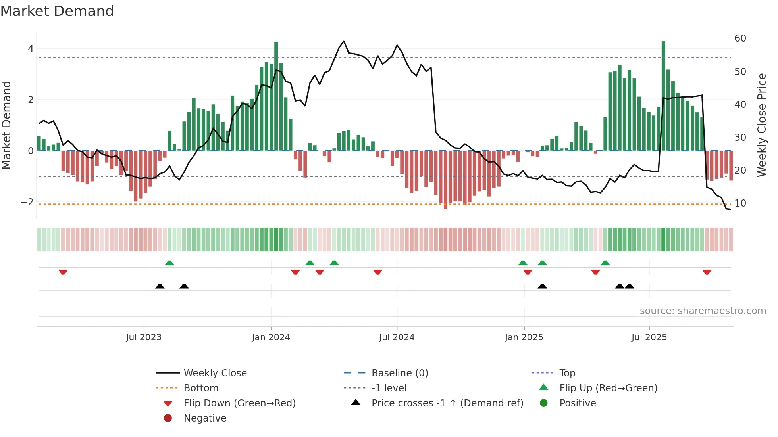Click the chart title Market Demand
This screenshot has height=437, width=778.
click(x=57, y=11)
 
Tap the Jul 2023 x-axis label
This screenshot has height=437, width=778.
click(x=144, y=337)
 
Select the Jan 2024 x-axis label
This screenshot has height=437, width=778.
click(x=271, y=337)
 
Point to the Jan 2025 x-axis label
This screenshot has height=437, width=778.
click(x=524, y=337)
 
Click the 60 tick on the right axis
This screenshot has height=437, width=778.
click(x=740, y=38)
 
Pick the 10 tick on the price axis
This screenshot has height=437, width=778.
click(x=740, y=203)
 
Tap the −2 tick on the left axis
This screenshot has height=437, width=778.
click(x=27, y=202)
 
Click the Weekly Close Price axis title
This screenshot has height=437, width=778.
click(x=761, y=125)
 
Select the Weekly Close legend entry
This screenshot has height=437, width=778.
click(x=215, y=373)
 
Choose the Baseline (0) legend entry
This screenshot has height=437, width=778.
click(x=399, y=373)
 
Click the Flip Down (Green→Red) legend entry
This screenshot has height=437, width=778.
click(x=239, y=403)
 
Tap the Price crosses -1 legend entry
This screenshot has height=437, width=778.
click(x=447, y=403)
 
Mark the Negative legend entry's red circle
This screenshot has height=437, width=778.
click(x=168, y=418)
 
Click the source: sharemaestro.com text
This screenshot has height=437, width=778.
click(x=703, y=311)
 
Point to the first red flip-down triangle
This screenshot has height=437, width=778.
click(x=63, y=272)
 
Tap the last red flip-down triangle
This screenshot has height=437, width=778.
click(x=707, y=272)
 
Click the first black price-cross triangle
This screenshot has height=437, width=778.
click(x=160, y=286)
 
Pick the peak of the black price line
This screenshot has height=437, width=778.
click(x=344, y=41)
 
